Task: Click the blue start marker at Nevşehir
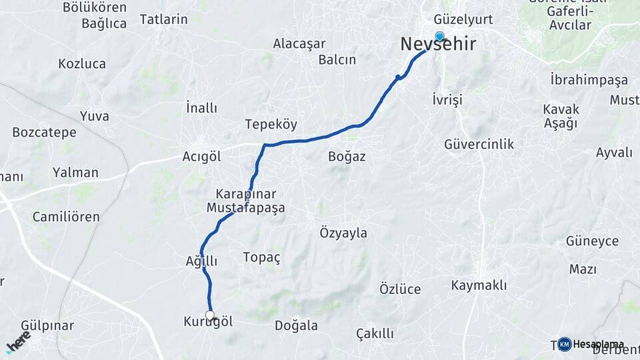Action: [x=439, y=36]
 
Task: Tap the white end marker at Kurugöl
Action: [x=210, y=315]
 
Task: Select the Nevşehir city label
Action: [x=438, y=45]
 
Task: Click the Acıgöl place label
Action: [x=201, y=157]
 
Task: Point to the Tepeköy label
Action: [x=271, y=125]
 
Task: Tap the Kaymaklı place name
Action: [x=479, y=285]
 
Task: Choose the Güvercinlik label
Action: [x=479, y=144]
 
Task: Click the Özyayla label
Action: [x=343, y=233]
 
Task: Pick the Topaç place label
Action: [x=261, y=257]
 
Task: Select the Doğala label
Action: [x=296, y=326]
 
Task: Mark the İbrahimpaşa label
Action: [x=589, y=80]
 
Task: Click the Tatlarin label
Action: [x=163, y=19]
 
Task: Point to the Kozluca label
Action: [x=82, y=64]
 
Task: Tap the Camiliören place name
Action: [x=66, y=217]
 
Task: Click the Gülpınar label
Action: [x=47, y=326]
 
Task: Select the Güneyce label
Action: [x=592, y=241]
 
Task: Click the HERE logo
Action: [x=19, y=341]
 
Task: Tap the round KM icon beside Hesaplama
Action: [x=565, y=344]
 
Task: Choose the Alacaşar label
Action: [x=299, y=44]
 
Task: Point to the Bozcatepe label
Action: [x=44, y=132]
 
